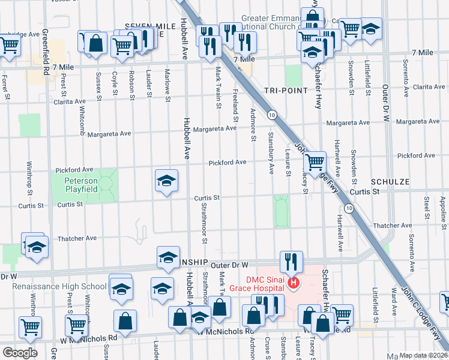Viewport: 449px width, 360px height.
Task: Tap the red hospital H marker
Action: (294, 283)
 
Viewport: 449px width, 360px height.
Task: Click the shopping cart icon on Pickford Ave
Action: (315, 161)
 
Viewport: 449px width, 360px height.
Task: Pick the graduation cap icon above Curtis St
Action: (166, 181)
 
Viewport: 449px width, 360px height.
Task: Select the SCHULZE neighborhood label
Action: (390, 181)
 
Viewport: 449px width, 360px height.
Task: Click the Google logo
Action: (20, 353)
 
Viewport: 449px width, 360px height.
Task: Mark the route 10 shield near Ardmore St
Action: (273, 115)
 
